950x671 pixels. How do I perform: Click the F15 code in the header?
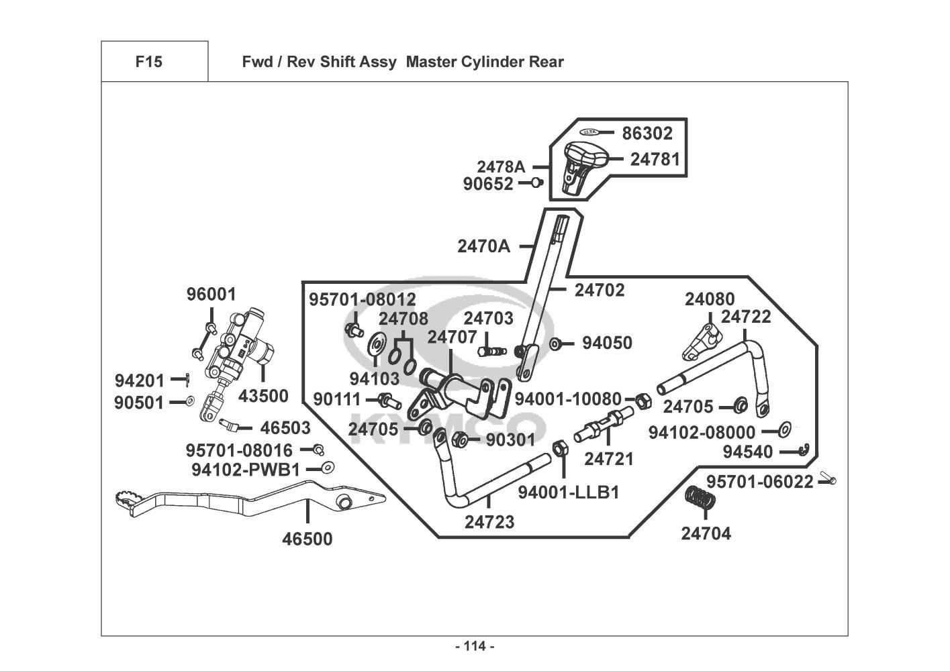pos(148,62)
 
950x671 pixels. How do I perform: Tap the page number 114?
pos(475,646)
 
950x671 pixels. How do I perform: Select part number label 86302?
pos(647,133)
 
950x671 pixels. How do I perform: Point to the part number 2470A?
pos(483,246)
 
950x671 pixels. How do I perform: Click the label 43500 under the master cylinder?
pos(263,396)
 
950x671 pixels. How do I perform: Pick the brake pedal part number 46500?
pos(307,539)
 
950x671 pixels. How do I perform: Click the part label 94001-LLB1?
pos(568,493)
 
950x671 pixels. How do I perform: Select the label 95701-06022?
pos(760,481)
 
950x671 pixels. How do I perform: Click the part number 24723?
pos(489,521)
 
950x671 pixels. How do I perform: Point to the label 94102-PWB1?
pos(246,470)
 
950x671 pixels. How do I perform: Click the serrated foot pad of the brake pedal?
pos(126,498)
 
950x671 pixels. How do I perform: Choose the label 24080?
pos(710,299)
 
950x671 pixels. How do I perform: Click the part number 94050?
pos(607,343)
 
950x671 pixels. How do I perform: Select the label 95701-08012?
pos(363,299)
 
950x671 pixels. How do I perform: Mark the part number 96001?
pos(211,294)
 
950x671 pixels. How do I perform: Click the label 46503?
pos(285,427)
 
